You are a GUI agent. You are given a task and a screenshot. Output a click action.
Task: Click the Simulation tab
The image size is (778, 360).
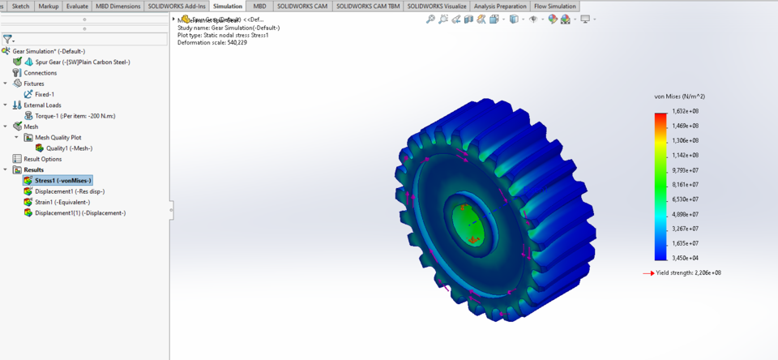tap(228, 6)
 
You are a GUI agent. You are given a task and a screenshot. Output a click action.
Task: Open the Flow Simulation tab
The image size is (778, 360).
tap(555, 6)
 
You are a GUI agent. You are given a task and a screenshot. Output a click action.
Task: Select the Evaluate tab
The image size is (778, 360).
tap(77, 6)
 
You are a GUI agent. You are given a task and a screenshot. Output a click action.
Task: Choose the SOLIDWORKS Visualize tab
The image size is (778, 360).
tap(437, 6)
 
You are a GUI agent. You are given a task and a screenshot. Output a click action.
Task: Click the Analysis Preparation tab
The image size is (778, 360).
tap(500, 6)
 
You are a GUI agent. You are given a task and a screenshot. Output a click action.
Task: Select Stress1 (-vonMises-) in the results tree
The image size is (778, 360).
tap(62, 181)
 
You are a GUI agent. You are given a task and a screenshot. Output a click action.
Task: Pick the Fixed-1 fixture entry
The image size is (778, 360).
tap(44, 94)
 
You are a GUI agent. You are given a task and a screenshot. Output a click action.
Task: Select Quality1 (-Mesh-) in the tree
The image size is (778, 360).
tap(69, 148)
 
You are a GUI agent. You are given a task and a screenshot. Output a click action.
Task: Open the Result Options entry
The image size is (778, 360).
tap(43, 159)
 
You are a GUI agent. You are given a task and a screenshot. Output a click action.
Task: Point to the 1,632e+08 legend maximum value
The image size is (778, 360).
tap(688, 111)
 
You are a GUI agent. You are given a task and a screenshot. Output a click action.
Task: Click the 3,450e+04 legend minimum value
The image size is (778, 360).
tap(688, 257)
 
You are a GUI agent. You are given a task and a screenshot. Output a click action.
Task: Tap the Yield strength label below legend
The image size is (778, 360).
tap(689, 273)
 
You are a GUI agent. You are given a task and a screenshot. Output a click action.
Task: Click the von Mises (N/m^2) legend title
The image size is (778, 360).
tap(678, 96)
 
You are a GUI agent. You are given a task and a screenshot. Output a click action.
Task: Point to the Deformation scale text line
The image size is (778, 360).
tap(212, 42)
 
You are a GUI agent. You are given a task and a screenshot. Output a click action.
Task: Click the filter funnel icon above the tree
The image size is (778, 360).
tap(7, 38)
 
